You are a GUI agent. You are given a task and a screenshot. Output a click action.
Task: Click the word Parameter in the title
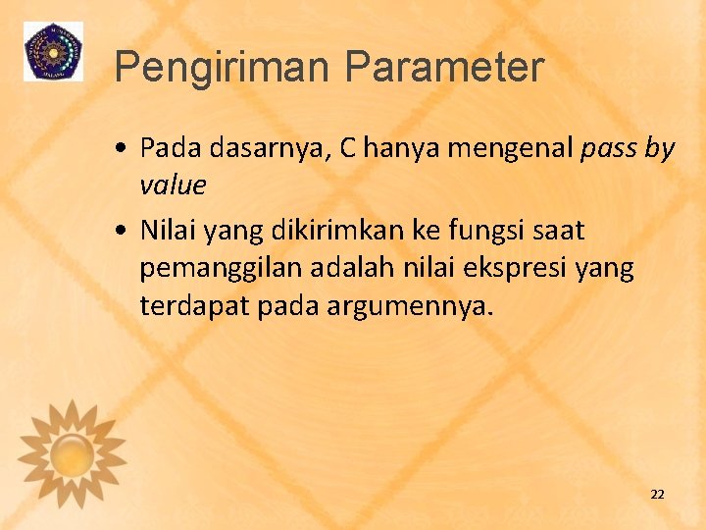click(x=442, y=68)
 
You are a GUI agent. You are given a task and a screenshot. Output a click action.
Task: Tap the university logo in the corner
click(x=53, y=51)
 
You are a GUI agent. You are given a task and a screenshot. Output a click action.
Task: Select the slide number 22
click(x=657, y=494)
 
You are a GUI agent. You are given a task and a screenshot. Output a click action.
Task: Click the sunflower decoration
click(x=72, y=451)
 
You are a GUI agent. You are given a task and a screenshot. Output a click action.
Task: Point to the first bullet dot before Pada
click(x=119, y=149)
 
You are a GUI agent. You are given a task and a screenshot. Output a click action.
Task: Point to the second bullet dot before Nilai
click(x=119, y=232)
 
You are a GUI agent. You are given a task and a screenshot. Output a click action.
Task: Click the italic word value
click(x=173, y=185)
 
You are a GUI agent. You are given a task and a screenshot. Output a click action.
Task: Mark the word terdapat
click(x=195, y=306)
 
